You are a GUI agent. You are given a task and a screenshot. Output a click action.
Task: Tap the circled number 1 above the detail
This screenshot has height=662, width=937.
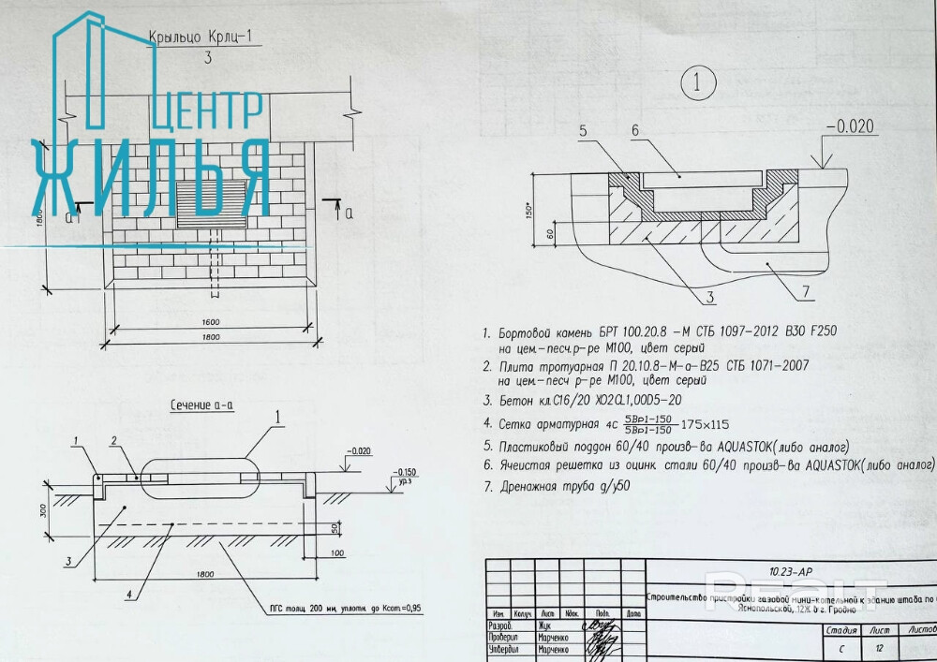(x=697, y=83)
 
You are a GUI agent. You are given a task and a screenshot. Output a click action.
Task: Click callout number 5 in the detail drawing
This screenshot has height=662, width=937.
(x=582, y=132)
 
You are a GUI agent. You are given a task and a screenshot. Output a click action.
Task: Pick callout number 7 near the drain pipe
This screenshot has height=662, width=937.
(x=805, y=292)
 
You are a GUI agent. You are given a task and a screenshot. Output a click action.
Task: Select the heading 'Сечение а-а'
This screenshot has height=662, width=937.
(x=201, y=405)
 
